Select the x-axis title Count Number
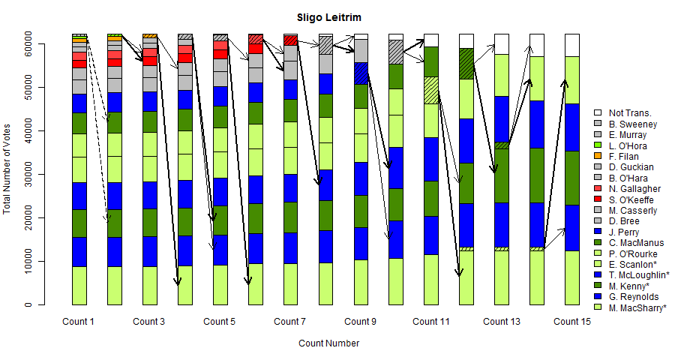(328, 343)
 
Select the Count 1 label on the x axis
(78, 322)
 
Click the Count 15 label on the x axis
(571, 322)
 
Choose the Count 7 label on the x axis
(289, 322)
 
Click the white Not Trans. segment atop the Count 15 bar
(571, 45)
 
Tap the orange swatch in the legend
(598, 156)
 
